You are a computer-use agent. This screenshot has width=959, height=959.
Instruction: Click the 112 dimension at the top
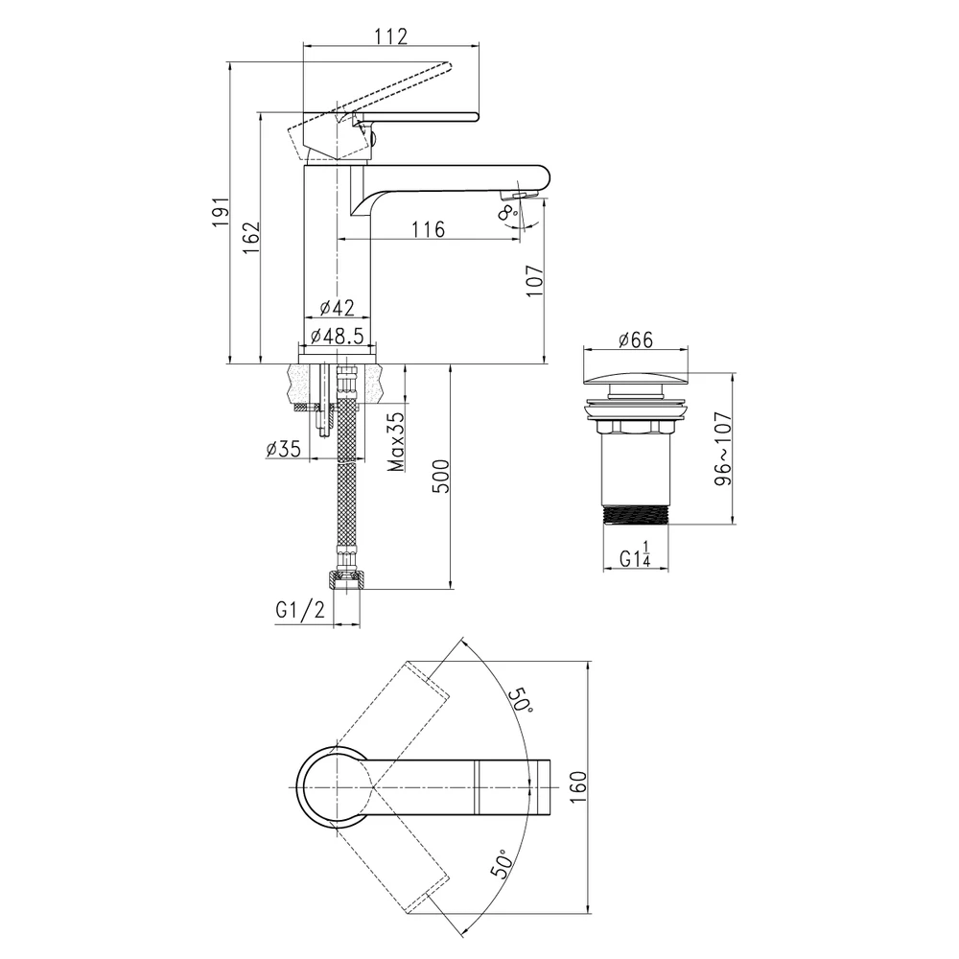(x=390, y=36)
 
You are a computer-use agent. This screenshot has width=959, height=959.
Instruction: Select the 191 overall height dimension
(x=221, y=212)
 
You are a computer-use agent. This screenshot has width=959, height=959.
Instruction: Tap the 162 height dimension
(x=251, y=238)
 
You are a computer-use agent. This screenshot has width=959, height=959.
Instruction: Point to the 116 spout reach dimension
(x=428, y=229)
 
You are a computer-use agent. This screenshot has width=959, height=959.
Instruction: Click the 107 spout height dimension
(x=534, y=281)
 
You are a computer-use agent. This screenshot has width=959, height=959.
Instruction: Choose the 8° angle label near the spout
(x=508, y=213)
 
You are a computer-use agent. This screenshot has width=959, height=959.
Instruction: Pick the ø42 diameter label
(x=337, y=307)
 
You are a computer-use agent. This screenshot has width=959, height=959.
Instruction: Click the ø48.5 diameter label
(x=337, y=335)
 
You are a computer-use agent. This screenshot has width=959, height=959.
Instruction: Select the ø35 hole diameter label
(x=284, y=449)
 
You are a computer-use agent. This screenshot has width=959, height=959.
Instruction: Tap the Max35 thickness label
(x=396, y=441)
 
